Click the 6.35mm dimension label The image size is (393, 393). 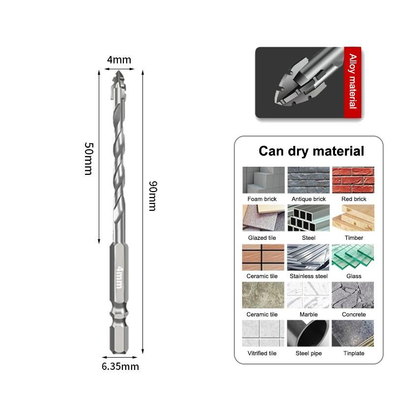coord(120,366)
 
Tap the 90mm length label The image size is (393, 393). coord(153,196)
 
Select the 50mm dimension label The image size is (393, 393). coord(89,159)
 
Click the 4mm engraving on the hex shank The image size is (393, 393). coord(120,277)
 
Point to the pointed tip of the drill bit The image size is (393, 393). coord(118,71)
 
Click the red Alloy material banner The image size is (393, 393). coord(353,82)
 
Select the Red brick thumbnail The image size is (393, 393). coord(353,180)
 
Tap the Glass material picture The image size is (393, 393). coord(353,257)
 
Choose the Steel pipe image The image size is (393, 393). coord(308,333)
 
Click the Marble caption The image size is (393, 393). coord(309,314)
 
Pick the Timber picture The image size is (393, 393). coord(353,218)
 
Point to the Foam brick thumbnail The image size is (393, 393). coord(264,180)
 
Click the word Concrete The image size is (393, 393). coord(354,314)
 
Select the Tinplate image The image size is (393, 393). coord(353,333)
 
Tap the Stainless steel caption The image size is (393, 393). coord(309,276)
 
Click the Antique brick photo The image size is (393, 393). coord(309,180)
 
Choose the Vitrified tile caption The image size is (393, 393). coord(262,353)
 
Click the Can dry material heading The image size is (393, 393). coord(311,151)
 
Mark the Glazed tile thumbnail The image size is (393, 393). coord(264,218)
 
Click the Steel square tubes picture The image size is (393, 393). coord(309,218)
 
